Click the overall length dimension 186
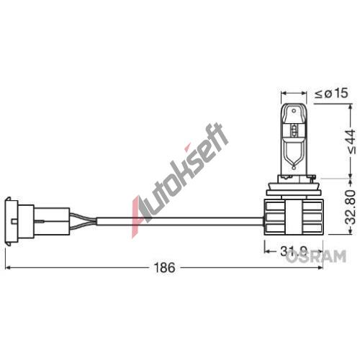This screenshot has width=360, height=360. point(166,268)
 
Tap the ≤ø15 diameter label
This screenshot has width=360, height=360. point(332,92)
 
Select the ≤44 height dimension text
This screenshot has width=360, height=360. point(350,141)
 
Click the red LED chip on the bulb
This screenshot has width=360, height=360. point(296,130)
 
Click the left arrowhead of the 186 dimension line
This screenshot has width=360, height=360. point(6,268)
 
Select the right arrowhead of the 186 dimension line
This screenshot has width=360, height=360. point(320,268)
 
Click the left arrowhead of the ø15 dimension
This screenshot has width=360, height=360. point(283,93)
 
